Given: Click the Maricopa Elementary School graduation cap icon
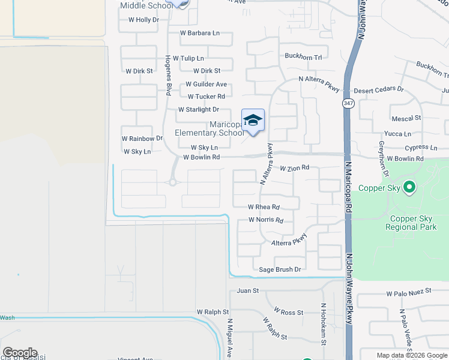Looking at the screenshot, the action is point(253,120).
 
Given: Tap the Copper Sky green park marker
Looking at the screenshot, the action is point(410,188).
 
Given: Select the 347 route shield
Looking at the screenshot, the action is point(348,103).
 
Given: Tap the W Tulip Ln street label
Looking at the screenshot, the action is point(188,58).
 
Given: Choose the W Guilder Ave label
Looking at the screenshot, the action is point(206,84).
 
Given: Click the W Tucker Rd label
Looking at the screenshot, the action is point(206,97).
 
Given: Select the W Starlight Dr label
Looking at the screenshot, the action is point(199,109).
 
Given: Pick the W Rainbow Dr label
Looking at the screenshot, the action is point(142,138).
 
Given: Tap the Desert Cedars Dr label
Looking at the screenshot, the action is point(379,89).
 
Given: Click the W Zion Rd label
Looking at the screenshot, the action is point(294,168).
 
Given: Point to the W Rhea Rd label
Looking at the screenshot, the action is point(264,207).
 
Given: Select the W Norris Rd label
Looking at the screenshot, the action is point(266,220).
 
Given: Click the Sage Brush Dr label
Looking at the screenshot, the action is point(279,269).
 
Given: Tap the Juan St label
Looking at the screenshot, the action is point(247,290).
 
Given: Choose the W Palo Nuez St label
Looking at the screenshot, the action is point(409,291).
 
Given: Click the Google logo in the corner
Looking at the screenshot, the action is point(20,353).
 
